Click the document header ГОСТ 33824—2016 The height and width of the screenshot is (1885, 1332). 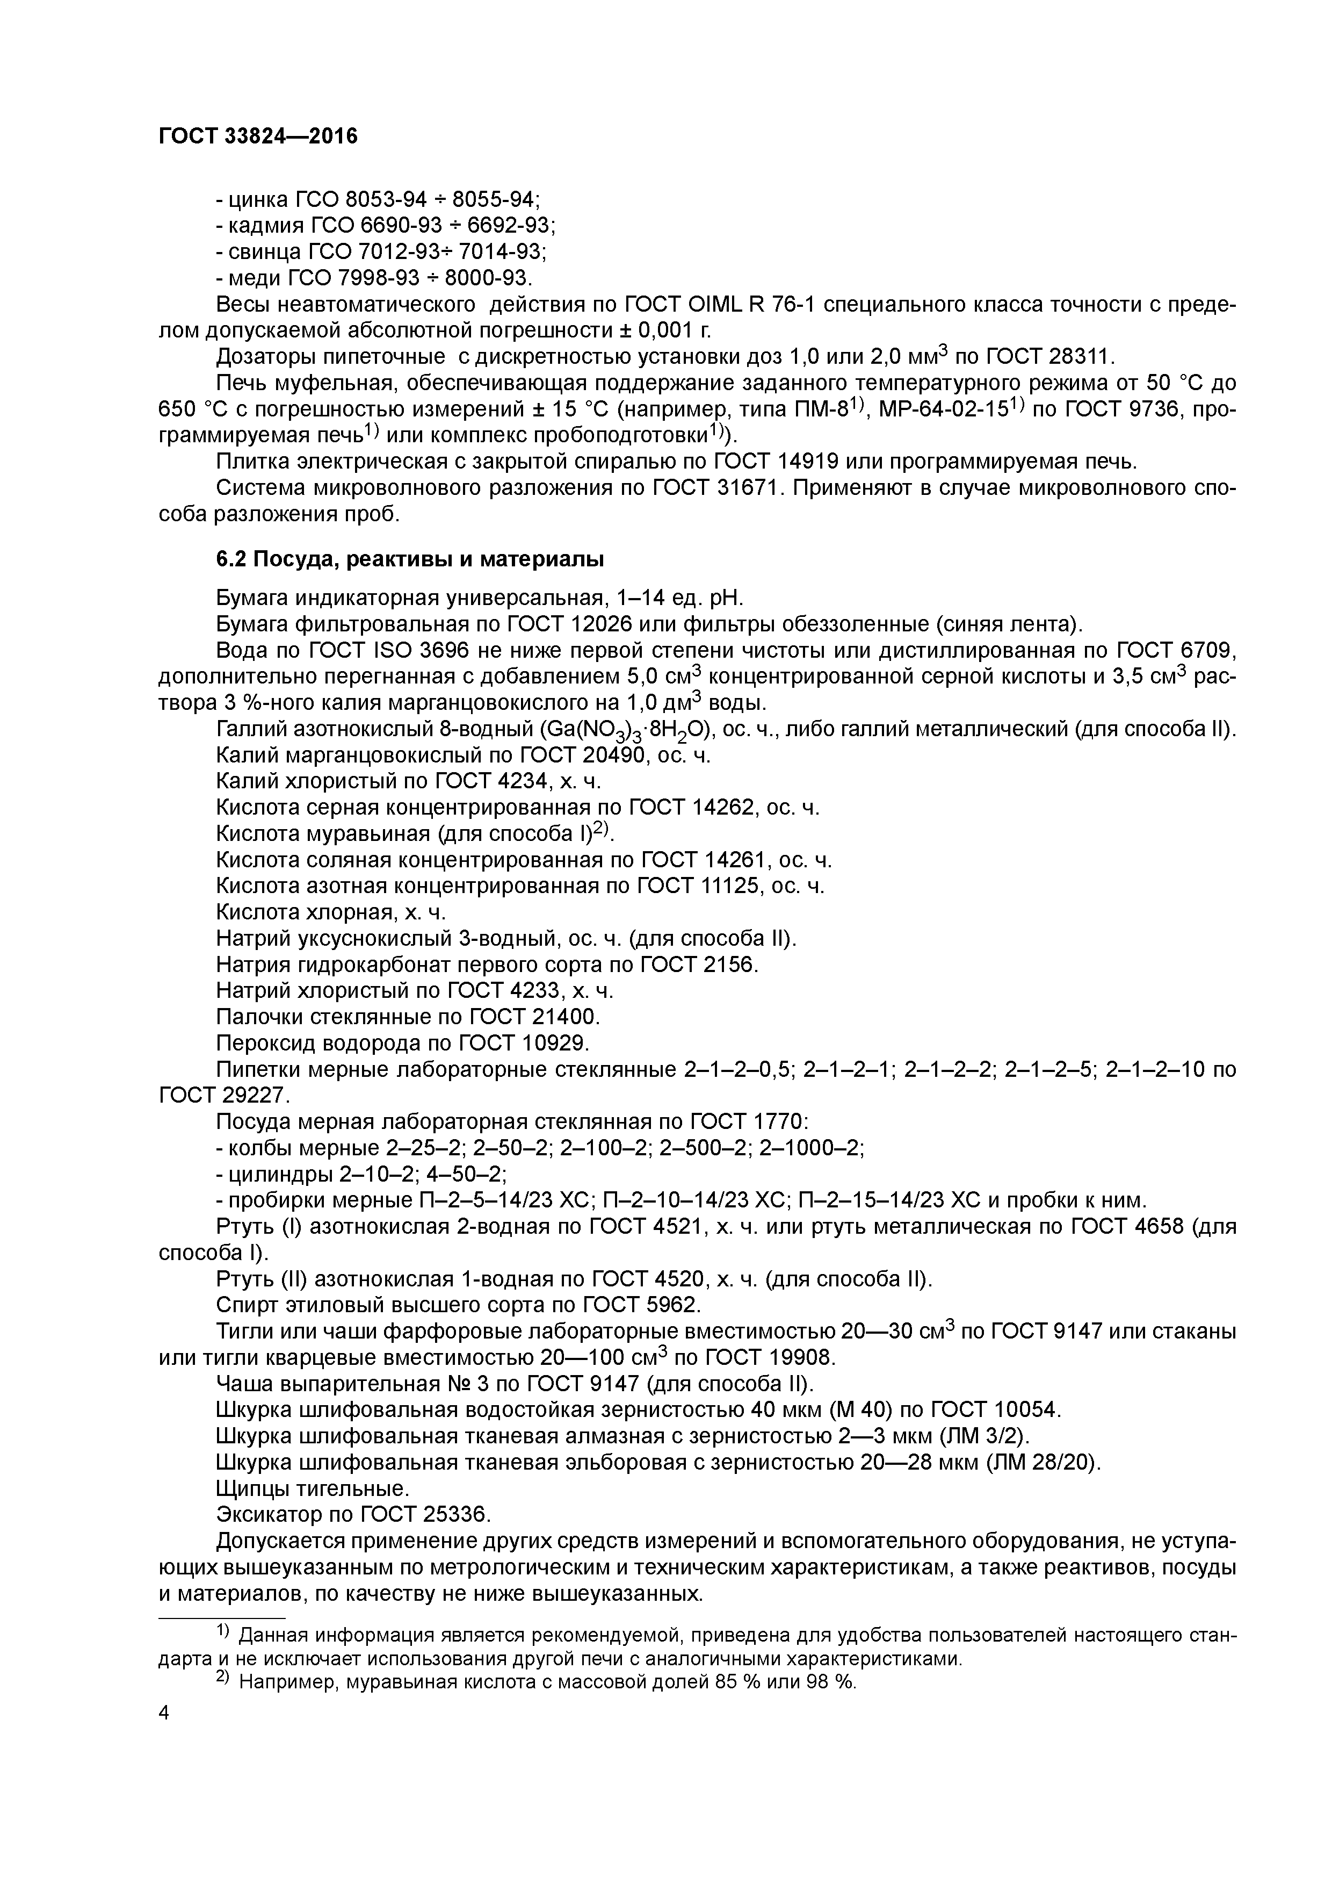(258, 136)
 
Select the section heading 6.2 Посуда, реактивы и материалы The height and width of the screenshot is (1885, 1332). (409, 560)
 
